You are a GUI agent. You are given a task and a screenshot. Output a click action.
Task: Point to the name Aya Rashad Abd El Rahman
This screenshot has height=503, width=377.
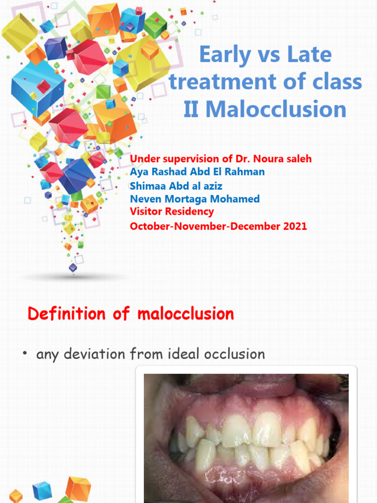[197, 172]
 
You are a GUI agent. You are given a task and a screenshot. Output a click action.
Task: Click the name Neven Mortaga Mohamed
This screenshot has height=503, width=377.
[194, 199]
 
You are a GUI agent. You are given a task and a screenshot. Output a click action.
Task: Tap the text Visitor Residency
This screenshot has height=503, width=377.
[172, 212]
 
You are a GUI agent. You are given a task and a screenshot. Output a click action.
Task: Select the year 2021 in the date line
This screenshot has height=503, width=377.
[294, 226]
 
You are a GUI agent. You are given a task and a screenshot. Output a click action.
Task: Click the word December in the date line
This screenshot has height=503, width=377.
[254, 226]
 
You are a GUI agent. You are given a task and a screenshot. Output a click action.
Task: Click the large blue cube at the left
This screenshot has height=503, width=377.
[37, 89]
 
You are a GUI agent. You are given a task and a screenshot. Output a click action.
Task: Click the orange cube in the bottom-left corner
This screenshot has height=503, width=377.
[78, 489]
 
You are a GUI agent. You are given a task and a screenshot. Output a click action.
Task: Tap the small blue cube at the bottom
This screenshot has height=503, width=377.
[42, 491]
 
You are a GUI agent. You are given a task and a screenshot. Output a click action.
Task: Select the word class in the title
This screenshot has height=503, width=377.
[338, 82]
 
